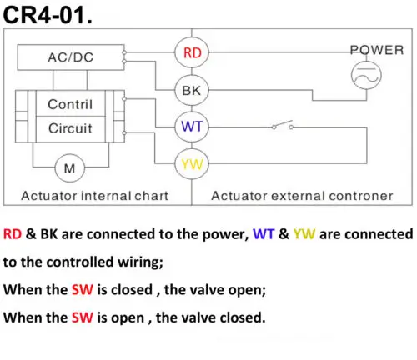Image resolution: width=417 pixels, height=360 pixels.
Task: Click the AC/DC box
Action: (71, 57)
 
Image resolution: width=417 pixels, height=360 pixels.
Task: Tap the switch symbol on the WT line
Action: (283, 125)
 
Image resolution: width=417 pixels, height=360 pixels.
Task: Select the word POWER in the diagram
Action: (377, 50)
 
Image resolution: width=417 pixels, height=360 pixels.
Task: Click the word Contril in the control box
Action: (70, 104)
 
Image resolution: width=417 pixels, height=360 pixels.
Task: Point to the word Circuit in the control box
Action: (70, 128)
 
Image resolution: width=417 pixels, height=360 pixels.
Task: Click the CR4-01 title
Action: (48, 15)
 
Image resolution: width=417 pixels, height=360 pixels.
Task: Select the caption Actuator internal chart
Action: (95, 196)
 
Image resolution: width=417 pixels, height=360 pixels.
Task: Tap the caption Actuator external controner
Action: (302, 196)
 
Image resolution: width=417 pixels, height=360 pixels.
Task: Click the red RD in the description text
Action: (13, 234)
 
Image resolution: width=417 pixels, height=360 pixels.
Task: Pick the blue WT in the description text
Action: (264, 234)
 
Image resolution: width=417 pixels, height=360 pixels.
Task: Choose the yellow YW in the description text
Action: (304, 234)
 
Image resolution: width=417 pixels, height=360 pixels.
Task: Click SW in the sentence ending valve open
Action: (83, 289)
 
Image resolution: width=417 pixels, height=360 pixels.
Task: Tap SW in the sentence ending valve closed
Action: (83, 317)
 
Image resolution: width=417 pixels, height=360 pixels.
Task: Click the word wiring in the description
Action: (140, 262)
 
